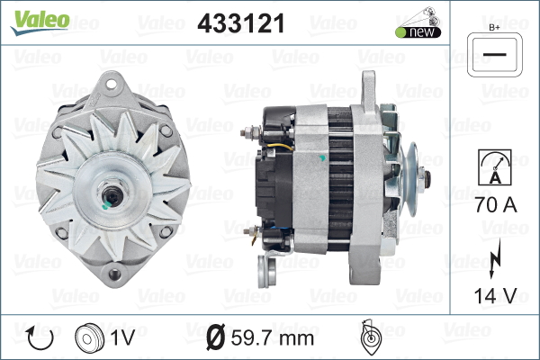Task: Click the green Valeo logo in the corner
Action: pos(40,22)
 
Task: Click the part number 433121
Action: pos(241,23)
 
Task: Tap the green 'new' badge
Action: pos(418,32)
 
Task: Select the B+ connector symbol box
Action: pos(494,55)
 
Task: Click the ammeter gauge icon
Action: pos(494,167)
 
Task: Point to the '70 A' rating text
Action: pos(496,204)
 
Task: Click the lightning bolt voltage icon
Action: pos(495,258)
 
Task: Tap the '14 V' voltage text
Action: pos(495,295)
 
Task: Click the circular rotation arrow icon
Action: pos(40,338)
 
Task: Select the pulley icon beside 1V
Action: pos(89,337)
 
